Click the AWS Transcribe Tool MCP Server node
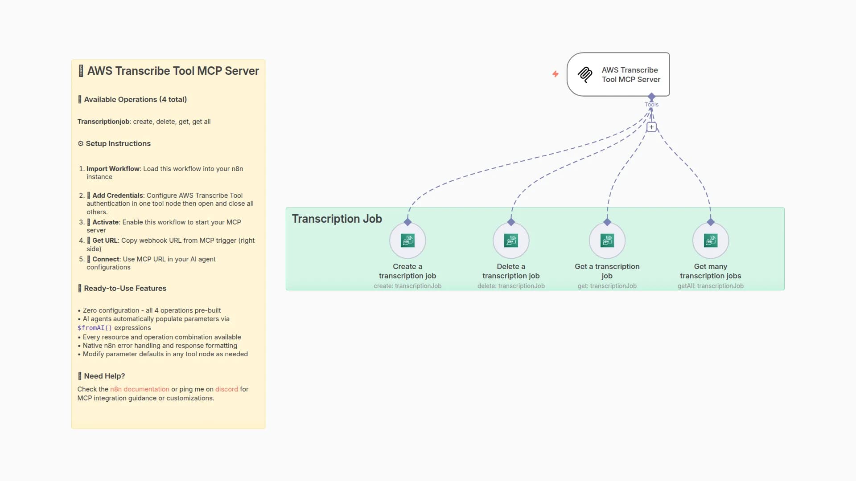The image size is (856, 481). click(x=618, y=74)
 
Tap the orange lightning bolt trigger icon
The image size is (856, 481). click(x=556, y=74)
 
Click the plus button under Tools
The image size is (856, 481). click(x=651, y=127)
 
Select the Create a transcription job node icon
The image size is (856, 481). click(x=407, y=240)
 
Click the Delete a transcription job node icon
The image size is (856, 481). click(x=511, y=240)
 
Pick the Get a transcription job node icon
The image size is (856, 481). click(x=607, y=240)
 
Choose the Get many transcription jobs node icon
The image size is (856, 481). click(x=711, y=240)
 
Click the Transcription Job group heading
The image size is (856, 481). click(x=337, y=219)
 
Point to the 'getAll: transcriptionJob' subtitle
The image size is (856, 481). click(x=711, y=286)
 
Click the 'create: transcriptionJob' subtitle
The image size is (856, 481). click(x=407, y=286)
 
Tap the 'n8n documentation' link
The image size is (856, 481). click(x=140, y=389)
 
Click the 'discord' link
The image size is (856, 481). click(x=226, y=389)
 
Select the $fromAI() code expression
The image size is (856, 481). click(x=95, y=328)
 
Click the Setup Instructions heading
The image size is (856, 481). click(x=118, y=143)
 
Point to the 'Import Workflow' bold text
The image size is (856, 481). click(x=113, y=169)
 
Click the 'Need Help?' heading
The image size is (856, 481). click(x=104, y=376)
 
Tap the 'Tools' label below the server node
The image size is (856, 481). click(x=651, y=105)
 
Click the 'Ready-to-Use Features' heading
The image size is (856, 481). click(x=125, y=288)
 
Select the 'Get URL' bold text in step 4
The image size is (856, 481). click(x=105, y=240)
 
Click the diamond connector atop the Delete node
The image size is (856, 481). click(x=511, y=222)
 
